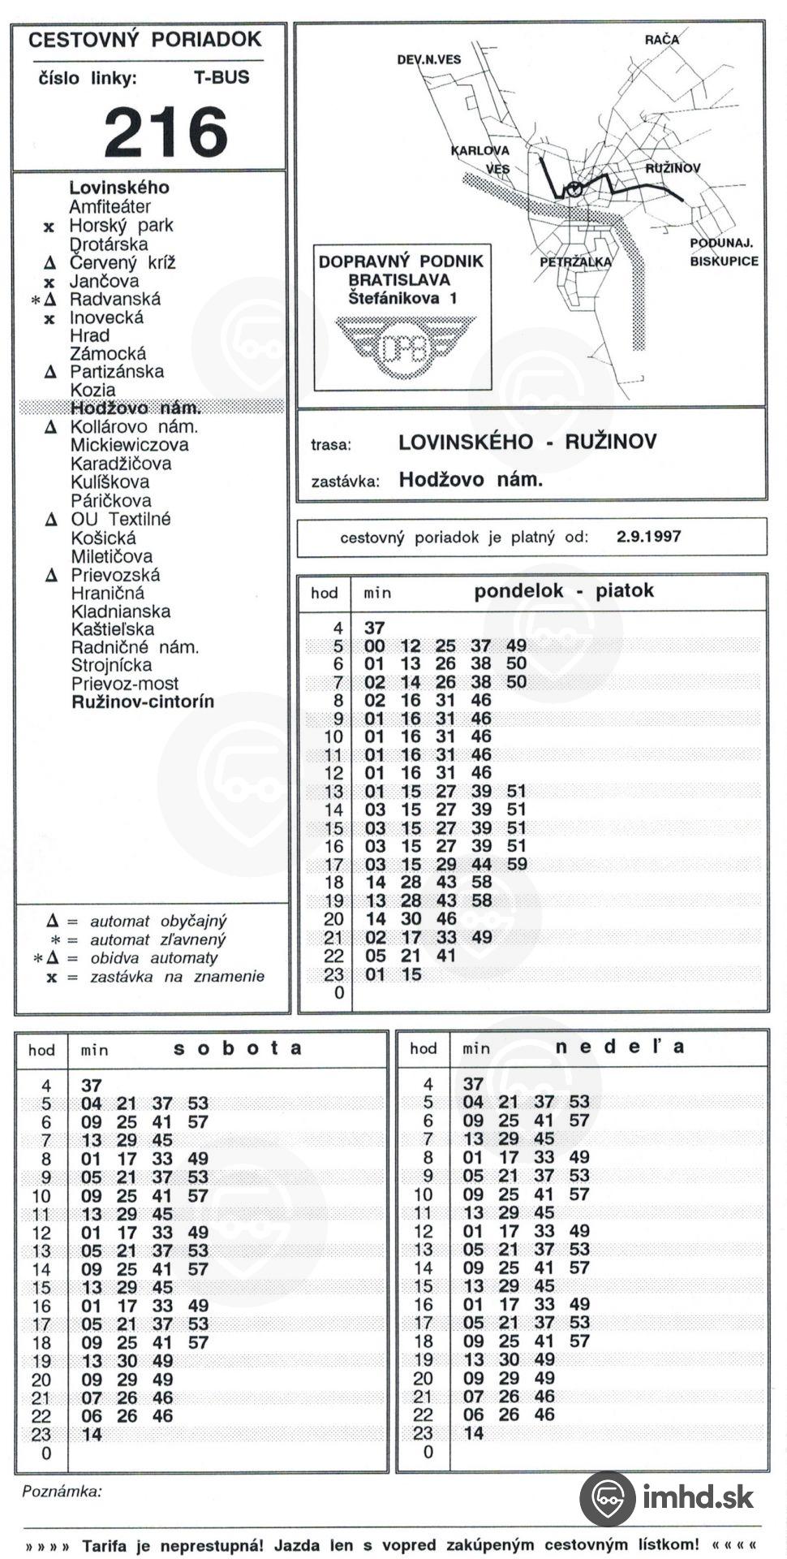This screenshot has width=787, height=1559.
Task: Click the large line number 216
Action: (166, 132)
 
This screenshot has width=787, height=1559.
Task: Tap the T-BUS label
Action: (221, 78)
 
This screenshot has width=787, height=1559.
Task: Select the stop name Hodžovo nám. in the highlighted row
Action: (135, 408)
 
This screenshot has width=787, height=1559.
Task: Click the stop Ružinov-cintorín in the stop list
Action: (143, 702)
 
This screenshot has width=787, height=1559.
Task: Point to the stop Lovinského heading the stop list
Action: (119, 188)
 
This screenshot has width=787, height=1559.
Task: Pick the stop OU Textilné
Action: (121, 520)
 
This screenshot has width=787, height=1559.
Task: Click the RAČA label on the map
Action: (662, 39)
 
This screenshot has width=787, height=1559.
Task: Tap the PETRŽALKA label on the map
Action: (575, 261)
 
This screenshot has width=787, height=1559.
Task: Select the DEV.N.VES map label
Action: (429, 60)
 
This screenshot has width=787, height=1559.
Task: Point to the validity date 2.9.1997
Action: (648, 537)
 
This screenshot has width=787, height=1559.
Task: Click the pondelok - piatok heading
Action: (564, 591)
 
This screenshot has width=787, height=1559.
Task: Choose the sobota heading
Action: (238, 1048)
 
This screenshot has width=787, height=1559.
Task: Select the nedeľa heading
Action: (620, 1047)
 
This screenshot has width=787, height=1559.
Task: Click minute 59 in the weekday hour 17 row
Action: (517, 864)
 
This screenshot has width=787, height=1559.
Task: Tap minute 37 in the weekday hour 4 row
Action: (374, 628)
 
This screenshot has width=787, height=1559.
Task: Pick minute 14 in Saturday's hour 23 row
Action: (92, 1434)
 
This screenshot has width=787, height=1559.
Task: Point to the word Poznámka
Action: (62, 1492)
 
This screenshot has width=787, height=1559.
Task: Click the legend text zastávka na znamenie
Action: (178, 977)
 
